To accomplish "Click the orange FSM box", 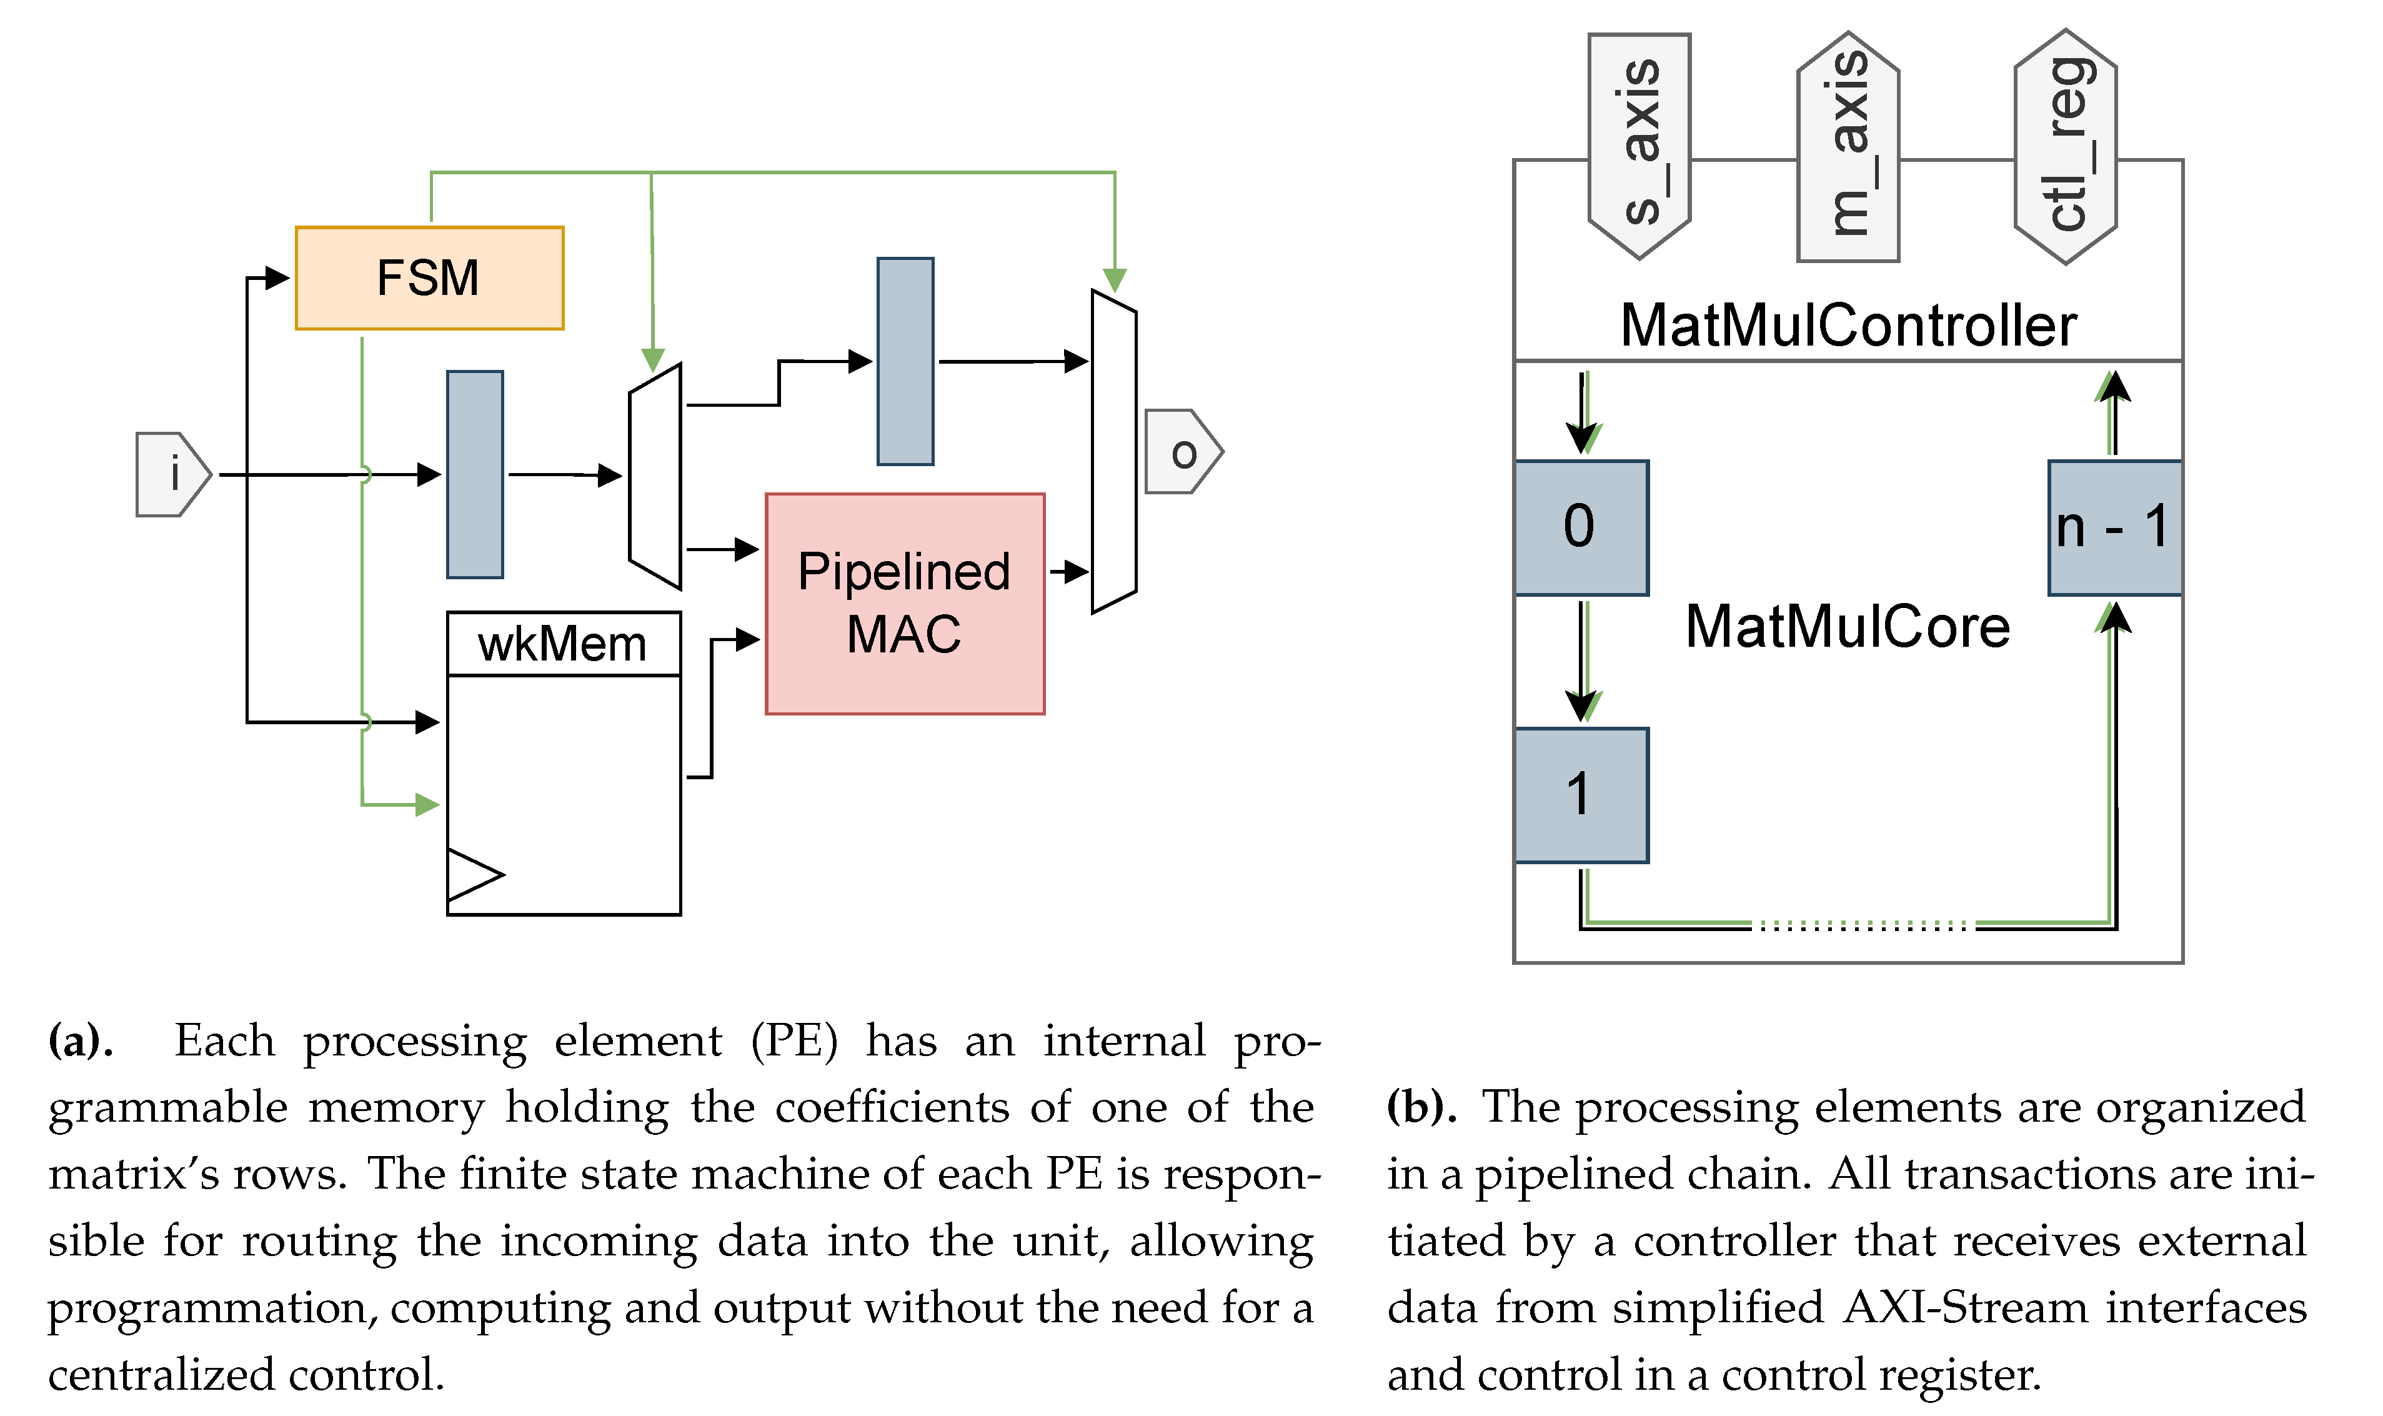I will click(429, 277).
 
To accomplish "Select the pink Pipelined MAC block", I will click(904, 603).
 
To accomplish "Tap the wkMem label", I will click(563, 644).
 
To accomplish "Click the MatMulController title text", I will click(1848, 326).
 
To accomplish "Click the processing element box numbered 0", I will click(1581, 527).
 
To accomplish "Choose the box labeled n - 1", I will click(2114, 527).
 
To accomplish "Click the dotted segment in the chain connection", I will click(1862, 925).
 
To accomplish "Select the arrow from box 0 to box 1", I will click(1581, 661).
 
